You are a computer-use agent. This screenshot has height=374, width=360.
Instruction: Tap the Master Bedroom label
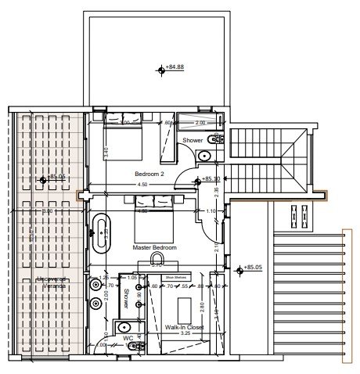coord(155,247)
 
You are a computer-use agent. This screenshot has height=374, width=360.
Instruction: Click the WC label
coord(126,339)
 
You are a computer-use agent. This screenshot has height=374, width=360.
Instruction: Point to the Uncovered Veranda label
coord(49,283)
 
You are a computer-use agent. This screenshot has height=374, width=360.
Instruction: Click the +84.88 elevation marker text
coord(175,67)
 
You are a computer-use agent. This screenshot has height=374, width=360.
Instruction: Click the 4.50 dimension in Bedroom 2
coord(142,185)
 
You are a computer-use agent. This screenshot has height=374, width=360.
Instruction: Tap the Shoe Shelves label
coord(174,276)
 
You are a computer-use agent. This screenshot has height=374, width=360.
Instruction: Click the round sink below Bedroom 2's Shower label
coord(203,156)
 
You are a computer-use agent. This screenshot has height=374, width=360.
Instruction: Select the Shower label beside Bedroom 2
coord(193,141)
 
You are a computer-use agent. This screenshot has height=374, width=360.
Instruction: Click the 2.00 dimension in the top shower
coord(199,123)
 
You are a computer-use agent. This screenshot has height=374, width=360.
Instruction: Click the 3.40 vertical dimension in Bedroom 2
coord(106,151)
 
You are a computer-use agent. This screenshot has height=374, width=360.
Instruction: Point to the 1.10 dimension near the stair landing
coord(211,211)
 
